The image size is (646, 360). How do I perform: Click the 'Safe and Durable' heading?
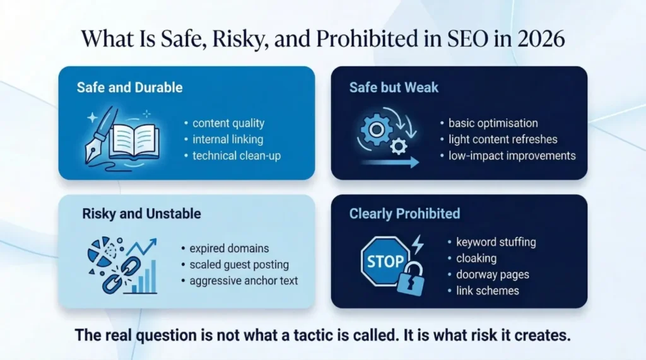click(x=129, y=87)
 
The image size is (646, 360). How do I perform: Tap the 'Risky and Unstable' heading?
click(x=141, y=214)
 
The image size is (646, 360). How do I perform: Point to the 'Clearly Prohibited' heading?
click(x=404, y=214)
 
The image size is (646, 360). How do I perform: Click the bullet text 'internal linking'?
click(x=228, y=139)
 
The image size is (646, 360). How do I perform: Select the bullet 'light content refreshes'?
click(x=503, y=139)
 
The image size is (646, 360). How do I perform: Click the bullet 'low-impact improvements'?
click(x=512, y=155)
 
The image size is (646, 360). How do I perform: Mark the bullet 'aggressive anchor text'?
click(x=244, y=281)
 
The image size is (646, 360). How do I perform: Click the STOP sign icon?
click(x=385, y=261)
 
